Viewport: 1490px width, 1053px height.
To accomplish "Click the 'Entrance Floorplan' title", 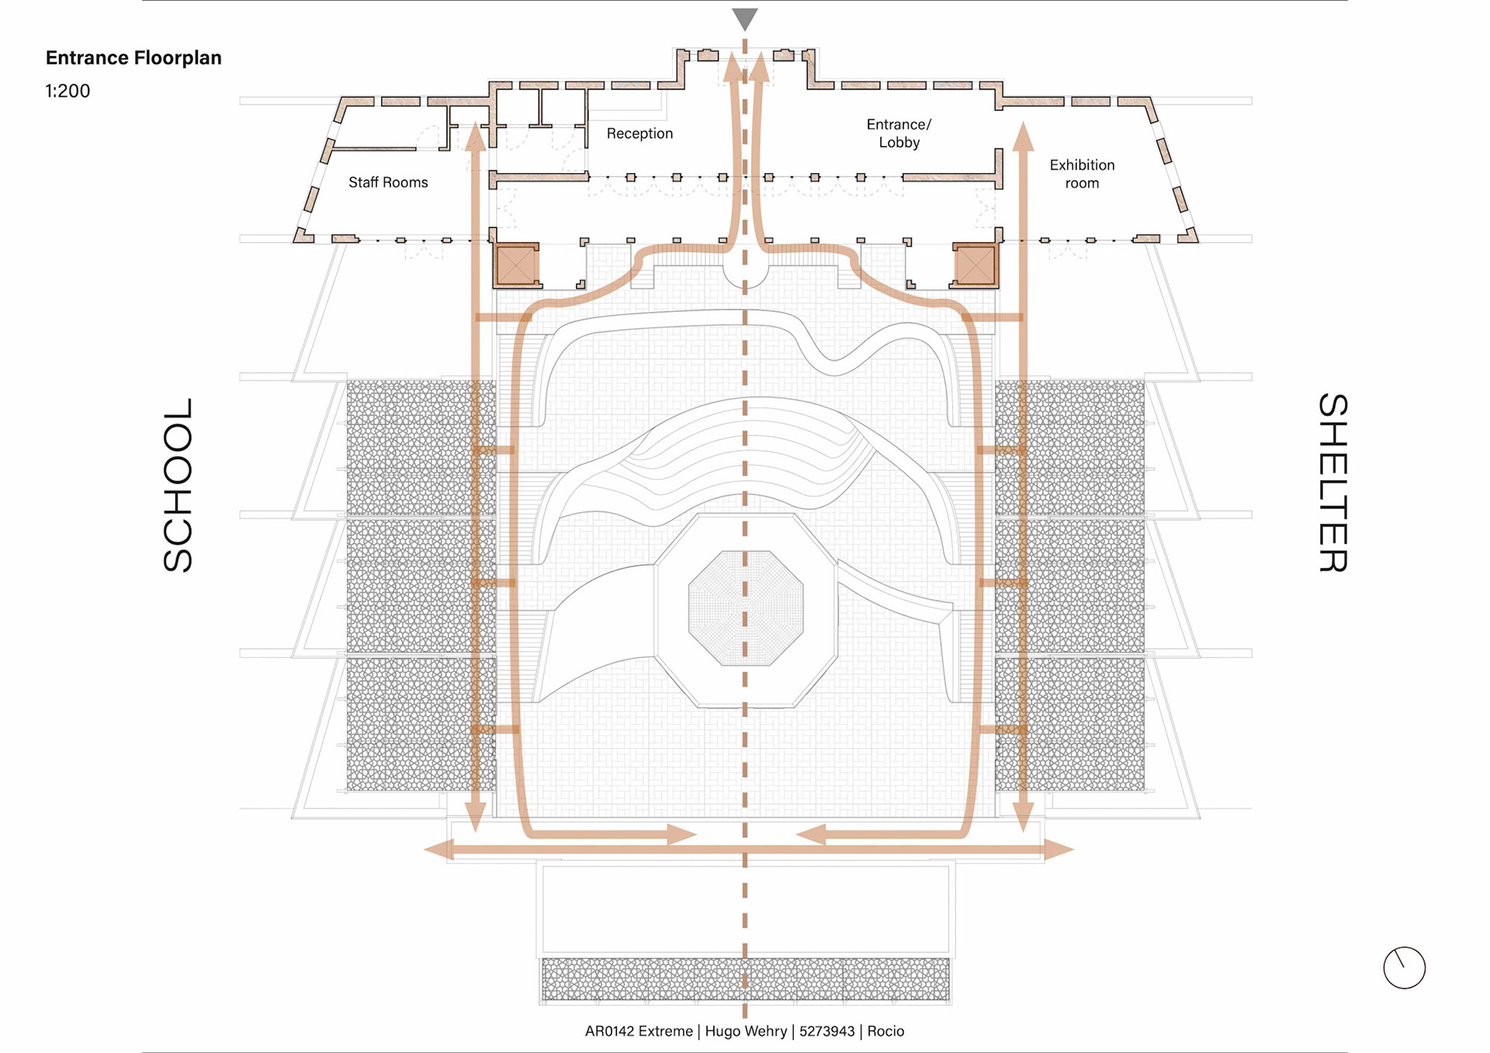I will (133, 57).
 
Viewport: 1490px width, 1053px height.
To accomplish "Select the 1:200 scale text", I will (68, 91).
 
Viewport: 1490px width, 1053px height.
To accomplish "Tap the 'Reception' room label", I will (639, 133).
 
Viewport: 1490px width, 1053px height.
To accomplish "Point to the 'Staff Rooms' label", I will (388, 182).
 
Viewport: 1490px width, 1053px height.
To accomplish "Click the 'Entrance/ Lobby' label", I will (899, 133).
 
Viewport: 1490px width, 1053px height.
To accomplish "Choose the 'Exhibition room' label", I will (1082, 174).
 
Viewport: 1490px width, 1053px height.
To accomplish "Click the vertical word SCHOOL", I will (178, 485).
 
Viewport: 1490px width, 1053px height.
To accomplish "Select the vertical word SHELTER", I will (1332, 483).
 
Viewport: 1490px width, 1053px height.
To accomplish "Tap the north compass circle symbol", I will (1404, 968).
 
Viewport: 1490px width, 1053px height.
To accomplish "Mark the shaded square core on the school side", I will (516, 265).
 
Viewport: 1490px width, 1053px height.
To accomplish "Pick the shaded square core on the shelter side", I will (975, 265).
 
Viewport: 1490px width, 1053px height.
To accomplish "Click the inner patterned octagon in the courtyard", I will (746, 608).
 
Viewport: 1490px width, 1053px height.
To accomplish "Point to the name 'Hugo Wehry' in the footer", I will (745, 1031).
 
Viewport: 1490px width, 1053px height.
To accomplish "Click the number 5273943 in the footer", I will (826, 1031).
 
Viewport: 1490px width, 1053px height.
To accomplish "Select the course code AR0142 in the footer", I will (611, 1031).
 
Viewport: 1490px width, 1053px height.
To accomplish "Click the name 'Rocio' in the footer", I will (885, 1031).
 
